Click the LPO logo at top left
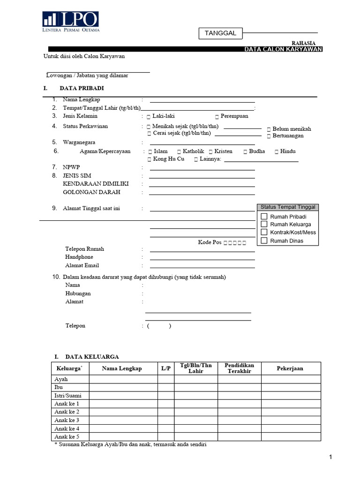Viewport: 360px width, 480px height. [x=70, y=22]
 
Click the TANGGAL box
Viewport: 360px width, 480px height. [x=220, y=33]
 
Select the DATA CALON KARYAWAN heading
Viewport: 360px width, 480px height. [x=284, y=49]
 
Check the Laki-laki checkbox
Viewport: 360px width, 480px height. [x=149, y=116]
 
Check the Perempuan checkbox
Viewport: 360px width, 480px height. [x=217, y=116]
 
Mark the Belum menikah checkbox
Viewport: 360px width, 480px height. [x=269, y=129]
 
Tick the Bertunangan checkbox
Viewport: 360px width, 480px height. [x=269, y=136]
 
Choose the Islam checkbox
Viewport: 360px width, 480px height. [x=150, y=151]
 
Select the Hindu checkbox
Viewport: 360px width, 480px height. [x=277, y=151]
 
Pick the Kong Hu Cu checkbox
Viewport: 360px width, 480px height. [x=150, y=159]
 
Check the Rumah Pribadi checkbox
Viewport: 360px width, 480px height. [x=264, y=217]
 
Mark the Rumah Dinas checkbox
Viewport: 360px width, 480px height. [x=264, y=241]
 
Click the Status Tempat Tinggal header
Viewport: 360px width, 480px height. [x=288, y=207]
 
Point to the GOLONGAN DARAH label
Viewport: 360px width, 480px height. [x=91, y=192]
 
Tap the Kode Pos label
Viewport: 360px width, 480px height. [x=210, y=242]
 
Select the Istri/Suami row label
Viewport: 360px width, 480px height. [x=68, y=396]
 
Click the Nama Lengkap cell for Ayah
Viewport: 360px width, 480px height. [x=123, y=379]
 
